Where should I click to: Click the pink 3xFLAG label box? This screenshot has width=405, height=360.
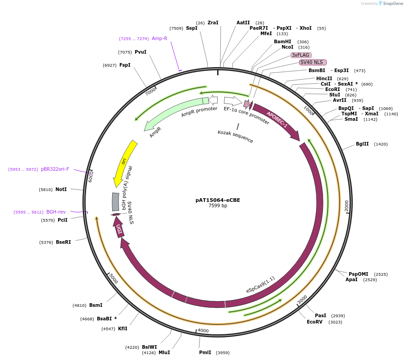300,55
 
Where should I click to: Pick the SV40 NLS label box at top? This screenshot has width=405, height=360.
313,62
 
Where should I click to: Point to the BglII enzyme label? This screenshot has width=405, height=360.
362,144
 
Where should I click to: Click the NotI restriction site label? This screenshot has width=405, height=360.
61,190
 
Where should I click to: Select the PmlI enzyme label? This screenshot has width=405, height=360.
205,352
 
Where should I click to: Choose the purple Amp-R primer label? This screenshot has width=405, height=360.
159,39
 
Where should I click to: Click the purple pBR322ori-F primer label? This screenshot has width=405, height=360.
55,169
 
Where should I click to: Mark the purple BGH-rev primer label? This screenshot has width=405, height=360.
56,212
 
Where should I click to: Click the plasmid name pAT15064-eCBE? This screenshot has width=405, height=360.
218,200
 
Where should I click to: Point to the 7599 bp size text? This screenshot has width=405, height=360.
218,206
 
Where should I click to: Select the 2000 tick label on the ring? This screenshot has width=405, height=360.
346,205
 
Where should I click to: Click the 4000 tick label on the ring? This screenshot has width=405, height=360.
203,331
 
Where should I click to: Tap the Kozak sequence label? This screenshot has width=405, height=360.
235,136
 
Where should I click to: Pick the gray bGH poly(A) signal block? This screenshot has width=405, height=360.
115,202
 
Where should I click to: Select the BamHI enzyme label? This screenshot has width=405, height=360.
282,41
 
